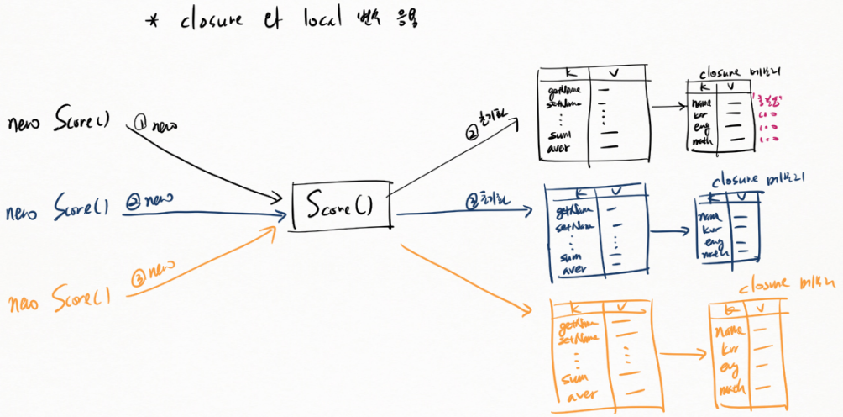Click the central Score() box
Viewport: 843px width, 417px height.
tap(341, 204)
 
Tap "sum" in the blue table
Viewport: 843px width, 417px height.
tap(569, 256)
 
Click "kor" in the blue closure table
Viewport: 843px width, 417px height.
tap(710, 228)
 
